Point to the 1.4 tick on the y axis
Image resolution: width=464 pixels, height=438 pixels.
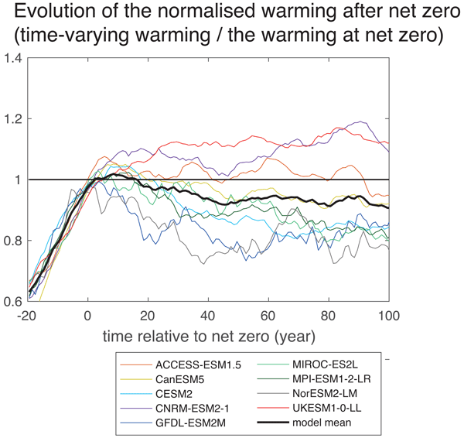[13, 59]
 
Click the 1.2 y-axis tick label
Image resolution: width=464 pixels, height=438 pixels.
[13, 119]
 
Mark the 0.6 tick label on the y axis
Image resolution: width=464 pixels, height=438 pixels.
[13, 302]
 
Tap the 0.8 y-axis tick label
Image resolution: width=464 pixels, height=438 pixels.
[13, 241]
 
